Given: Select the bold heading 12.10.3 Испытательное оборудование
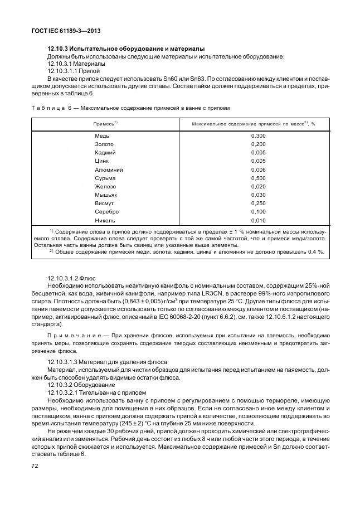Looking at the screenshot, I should (x=126, y=49).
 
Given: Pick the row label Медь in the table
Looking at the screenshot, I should (x=102, y=136).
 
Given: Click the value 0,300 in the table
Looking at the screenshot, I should (x=259, y=136).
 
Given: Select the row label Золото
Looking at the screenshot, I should (x=104, y=144).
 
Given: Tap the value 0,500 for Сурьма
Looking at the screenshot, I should (x=259, y=178).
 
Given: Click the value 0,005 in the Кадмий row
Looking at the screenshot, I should (x=259, y=153).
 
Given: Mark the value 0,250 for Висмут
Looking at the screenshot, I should (x=259, y=203).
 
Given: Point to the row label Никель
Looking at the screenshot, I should (x=105, y=220).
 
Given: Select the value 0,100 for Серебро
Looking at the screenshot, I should (x=259, y=212).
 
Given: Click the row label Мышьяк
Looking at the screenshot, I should (x=106, y=195).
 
